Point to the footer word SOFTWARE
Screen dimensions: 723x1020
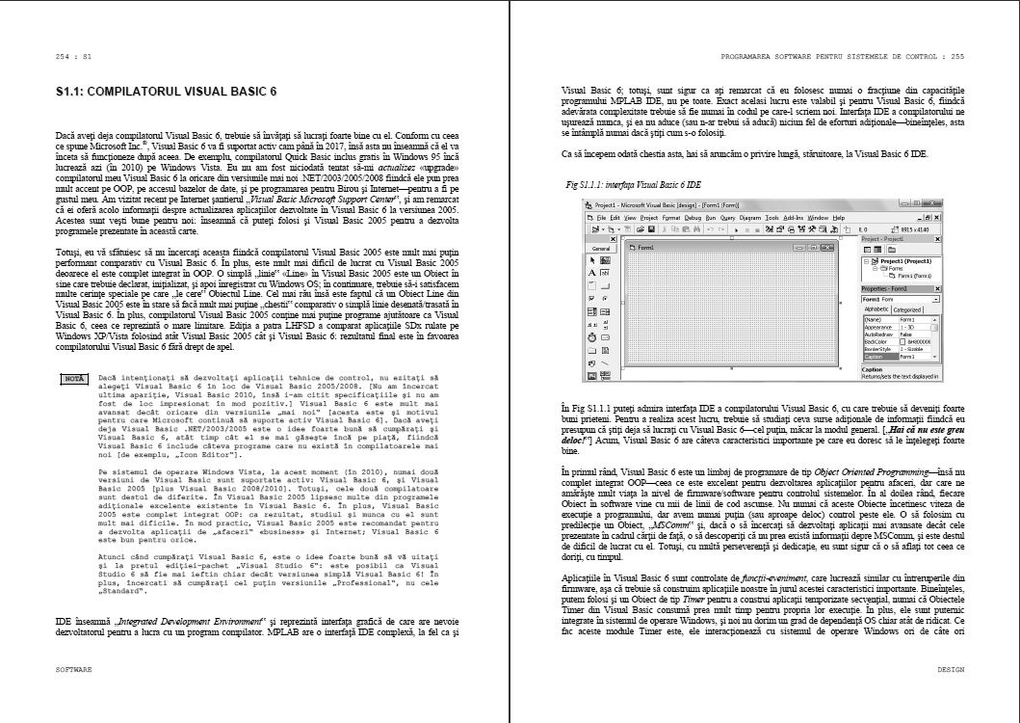[73, 667]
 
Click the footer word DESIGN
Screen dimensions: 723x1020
[949, 667]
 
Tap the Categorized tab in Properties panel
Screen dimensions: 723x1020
[908, 309]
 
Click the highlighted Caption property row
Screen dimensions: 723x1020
[900, 356]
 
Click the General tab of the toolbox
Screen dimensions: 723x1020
[602, 248]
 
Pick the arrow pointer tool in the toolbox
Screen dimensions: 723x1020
[592, 260]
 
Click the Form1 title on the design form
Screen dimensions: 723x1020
[644, 248]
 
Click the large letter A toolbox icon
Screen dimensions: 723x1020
[592, 274]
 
